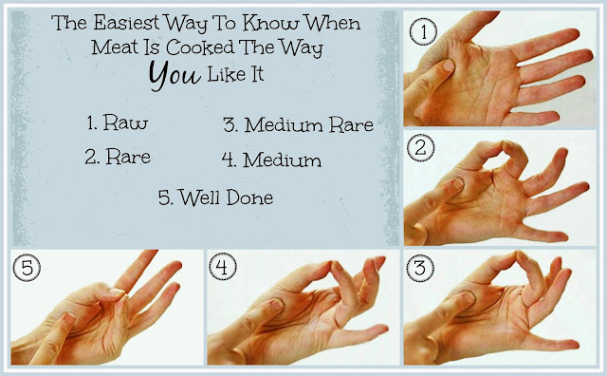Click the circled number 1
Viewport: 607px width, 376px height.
click(424, 31)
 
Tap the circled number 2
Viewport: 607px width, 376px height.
click(421, 148)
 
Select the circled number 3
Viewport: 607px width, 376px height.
click(420, 268)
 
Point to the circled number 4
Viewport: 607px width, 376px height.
click(223, 267)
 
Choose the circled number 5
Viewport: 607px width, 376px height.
click(27, 268)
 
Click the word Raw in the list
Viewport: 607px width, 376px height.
click(125, 122)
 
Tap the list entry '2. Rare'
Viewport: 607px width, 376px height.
click(118, 157)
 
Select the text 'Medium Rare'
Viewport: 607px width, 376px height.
click(308, 124)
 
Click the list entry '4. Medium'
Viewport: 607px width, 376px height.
click(271, 160)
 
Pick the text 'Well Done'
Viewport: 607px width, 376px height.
click(226, 197)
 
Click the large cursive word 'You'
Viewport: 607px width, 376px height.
click(175, 75)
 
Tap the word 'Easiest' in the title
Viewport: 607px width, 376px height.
click(126, 23)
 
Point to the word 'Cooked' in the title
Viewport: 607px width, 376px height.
click(200, 47)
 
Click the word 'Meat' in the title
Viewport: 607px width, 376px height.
click(115, 47)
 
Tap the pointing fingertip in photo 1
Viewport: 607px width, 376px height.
click(448, 66)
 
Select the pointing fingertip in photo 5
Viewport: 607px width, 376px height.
click(69, 319)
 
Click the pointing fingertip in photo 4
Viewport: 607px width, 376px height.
click(276, 304)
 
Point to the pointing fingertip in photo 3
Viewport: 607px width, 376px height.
click(469, 298)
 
